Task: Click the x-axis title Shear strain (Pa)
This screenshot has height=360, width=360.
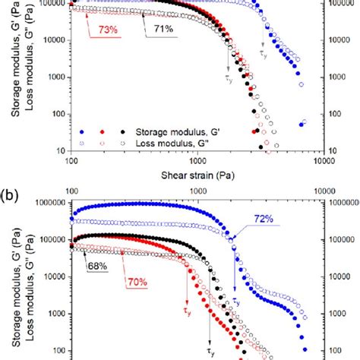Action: [196, 175]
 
